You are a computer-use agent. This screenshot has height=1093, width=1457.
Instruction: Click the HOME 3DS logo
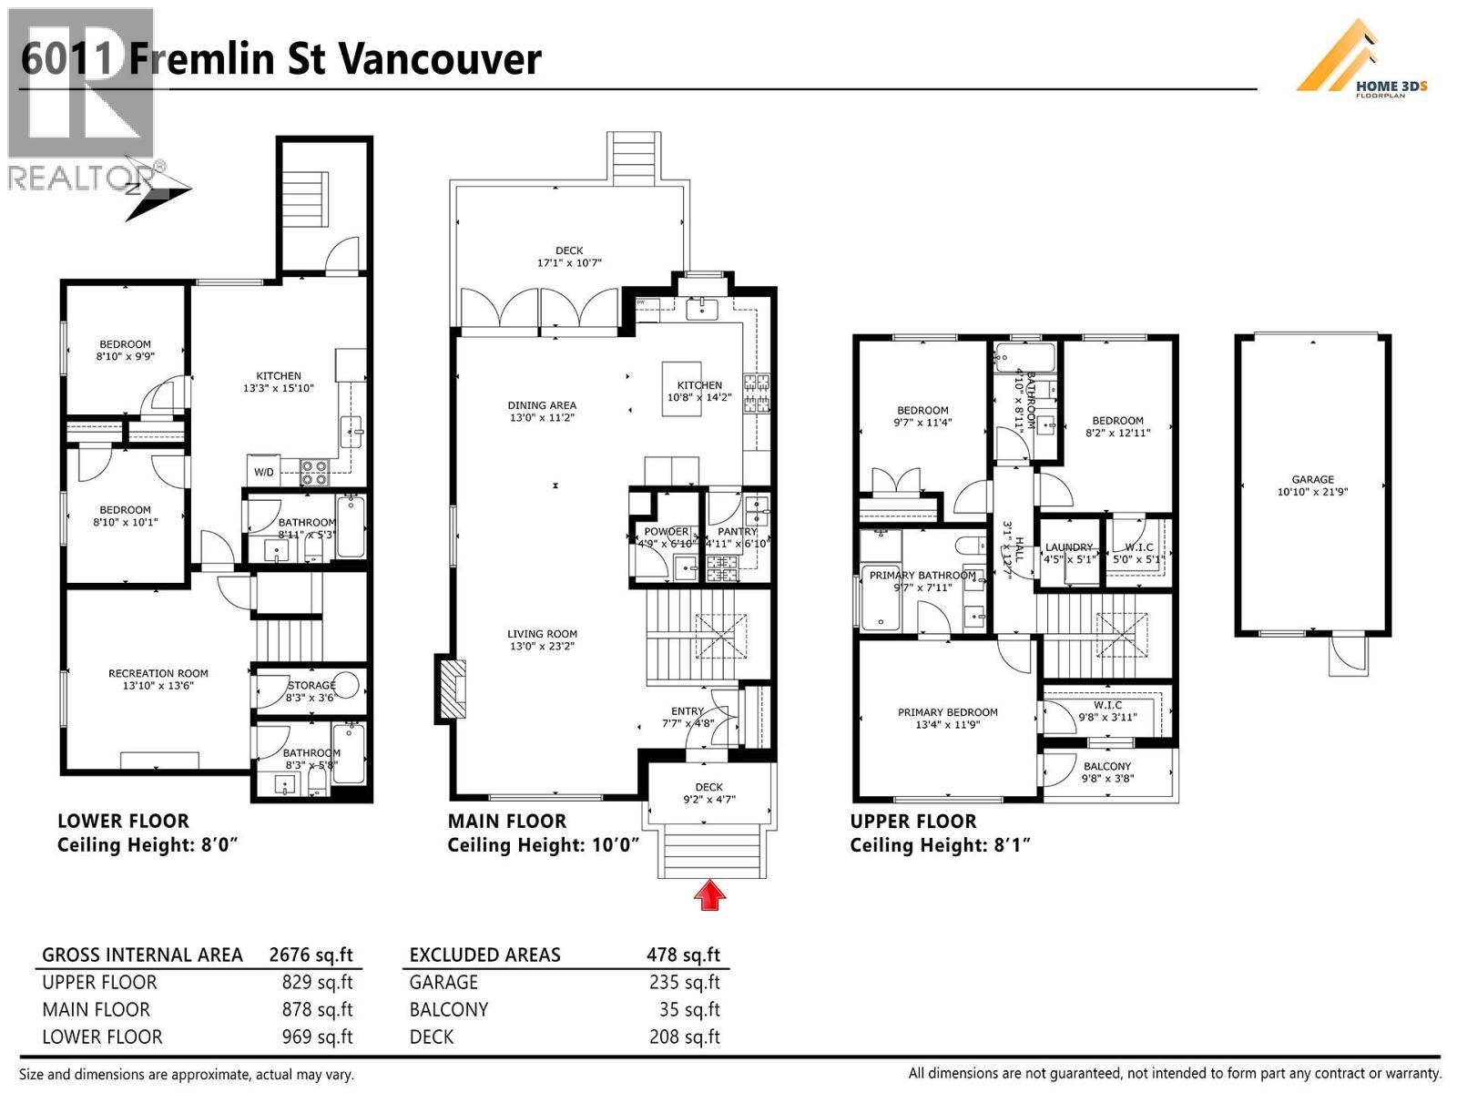click(x=1362, y=60)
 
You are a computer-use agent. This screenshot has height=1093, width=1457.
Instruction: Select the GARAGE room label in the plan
click(x=1312, y=479)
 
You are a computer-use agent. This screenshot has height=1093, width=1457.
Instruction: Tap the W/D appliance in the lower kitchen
click(x=263, y=472)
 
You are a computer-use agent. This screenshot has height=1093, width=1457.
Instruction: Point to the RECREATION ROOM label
click(x=158, y=673)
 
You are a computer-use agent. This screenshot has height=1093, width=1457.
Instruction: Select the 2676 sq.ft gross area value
click(x=311, y=955)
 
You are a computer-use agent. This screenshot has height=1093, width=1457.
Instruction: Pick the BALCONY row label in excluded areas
click(x=449, y=1009)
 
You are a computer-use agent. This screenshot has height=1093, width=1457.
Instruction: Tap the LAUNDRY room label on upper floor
click(x=1068, y=547)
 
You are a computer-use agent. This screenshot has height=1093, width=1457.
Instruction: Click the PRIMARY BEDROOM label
click(x=947, y=712)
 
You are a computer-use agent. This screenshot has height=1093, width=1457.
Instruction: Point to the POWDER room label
click(x=666, y=532)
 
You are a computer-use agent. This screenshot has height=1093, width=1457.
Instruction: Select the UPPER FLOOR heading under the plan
click(x=912, y=821)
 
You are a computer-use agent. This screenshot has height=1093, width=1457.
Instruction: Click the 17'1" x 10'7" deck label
click(x=569, y=263)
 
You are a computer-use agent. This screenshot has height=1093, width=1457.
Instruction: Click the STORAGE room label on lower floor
click(x=311, y=685)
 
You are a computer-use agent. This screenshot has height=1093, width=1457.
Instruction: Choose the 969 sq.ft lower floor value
click(x=317, y=1037)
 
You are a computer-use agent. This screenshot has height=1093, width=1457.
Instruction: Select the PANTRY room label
click(x=737, y=532)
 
